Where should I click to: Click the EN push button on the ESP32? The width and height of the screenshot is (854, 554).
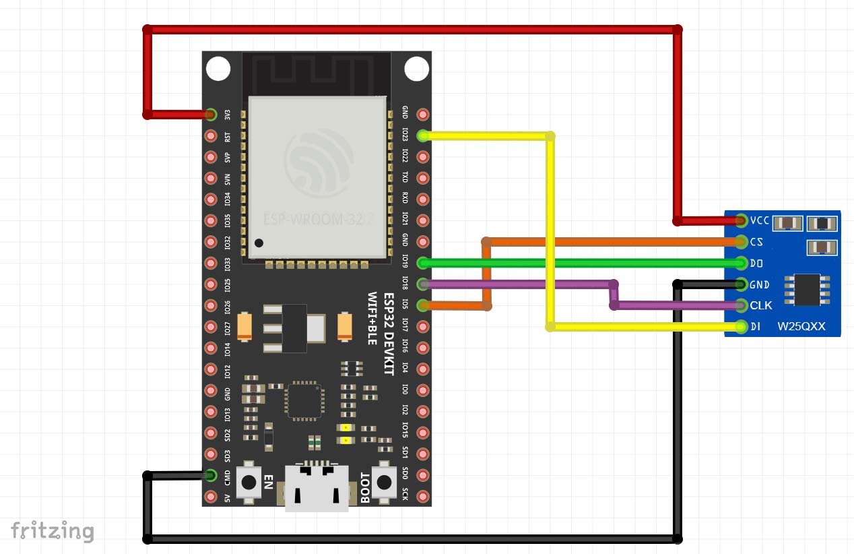[x=251, y=482]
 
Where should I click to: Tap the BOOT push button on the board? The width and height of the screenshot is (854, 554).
[x=384, y=482]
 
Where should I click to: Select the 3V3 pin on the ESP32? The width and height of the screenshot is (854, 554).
[x=211, y=115]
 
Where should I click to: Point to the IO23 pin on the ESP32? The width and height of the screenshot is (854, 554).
[x=423, y=135]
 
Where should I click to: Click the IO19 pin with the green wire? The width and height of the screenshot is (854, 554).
[x=423, y=262]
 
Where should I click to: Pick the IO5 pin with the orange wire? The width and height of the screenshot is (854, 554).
[x=423, y=305]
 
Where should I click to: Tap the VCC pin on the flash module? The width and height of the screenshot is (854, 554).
[x=742, y=220]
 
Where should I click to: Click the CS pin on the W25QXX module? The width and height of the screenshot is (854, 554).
[x=742, y=241]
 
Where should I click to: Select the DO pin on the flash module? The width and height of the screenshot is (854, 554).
[x=742, y=263]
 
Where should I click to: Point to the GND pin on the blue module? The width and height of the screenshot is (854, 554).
[x=742, y=284]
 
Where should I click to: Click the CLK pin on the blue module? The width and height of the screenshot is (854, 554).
[x=742, y=305]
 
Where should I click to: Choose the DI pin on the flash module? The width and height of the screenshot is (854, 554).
[x=742, y=327]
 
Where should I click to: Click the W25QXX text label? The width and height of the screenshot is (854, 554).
[x=800, y=327]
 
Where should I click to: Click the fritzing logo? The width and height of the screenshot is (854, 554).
[x=51, y=530]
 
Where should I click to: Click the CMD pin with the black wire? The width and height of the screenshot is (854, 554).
[x=211, y=476]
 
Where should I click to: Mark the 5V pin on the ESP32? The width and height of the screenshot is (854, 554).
[x=211, y=497]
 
